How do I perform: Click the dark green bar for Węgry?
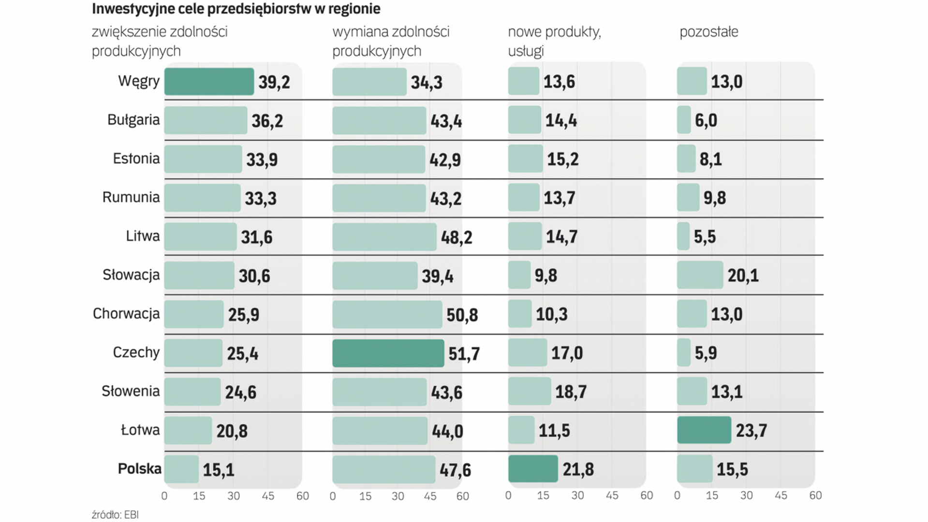(209, 82)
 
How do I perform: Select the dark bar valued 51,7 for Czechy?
(388, 353)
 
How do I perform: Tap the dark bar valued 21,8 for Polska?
(533, 469)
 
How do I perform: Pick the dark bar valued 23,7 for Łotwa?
(704, 430)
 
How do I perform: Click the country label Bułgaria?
(133, 120)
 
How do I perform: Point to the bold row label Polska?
(139, 469)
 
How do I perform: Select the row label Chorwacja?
(126, 314)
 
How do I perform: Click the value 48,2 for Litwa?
(457, 237)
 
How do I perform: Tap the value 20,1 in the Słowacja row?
(743, 275)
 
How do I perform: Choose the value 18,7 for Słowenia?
(571, 391)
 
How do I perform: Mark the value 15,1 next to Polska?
(218, 470)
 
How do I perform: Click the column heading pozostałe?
(709, 32)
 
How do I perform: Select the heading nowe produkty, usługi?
(554, 41)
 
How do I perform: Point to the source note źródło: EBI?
(115, 515)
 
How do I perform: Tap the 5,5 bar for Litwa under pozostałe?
(683, 236)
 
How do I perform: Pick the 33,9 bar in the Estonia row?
(203, 159)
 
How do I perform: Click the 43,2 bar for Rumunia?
(379, 198)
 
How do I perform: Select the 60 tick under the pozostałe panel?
(815, 495)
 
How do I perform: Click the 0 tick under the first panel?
(164, 496)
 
